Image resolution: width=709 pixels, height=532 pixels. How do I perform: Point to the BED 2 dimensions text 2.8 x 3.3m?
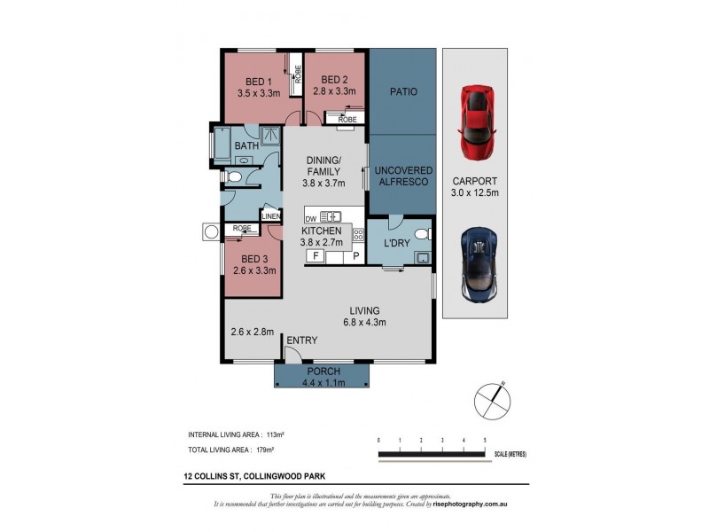coord(334,91)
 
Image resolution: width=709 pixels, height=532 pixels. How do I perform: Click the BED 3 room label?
coord(255,259)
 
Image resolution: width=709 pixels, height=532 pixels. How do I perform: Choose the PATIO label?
coord(402,91)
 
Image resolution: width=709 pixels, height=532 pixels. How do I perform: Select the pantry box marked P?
coord(356,255)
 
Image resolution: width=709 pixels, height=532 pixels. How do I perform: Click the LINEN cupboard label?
coord(271,215)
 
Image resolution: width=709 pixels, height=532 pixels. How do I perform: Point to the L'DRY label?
coord(394,243)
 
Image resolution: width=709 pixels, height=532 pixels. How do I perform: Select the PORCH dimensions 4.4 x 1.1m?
coord(320,383)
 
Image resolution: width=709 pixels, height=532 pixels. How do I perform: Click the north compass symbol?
coord(489,400)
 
